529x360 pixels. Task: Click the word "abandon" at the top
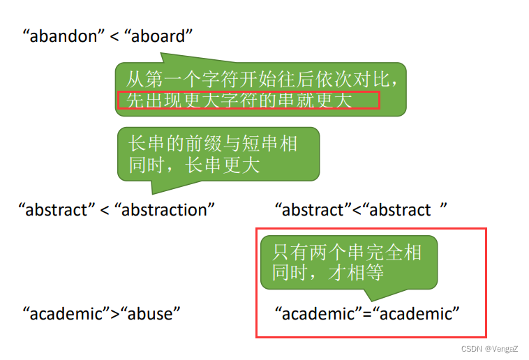point(62,36)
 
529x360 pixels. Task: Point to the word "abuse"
point(152,313)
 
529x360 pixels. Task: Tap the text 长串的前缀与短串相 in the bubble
point(213,144)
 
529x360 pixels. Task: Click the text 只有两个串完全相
point(347,251)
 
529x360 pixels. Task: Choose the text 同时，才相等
point(328,272)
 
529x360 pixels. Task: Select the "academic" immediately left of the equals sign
point(318,313)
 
